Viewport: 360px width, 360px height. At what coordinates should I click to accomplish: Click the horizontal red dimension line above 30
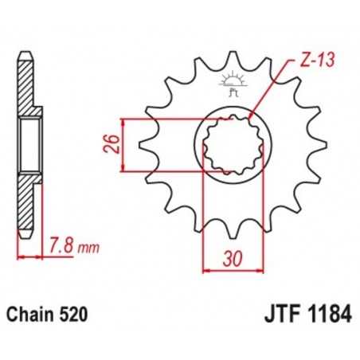pyautogui.click(x=229, y=271)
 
